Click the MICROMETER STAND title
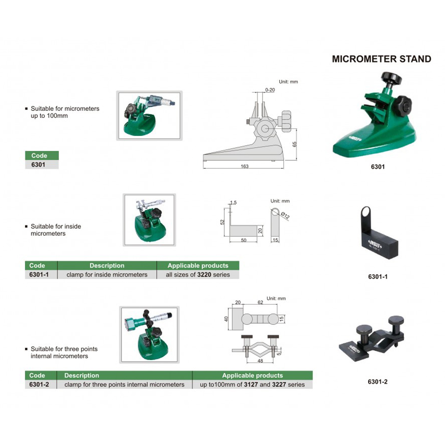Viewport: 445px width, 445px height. pyautogui.click(x=381, y=59)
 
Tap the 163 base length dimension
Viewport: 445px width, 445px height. pyautogui.click(x=244, y=166)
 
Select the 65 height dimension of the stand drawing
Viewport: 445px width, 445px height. pyautogui.click(x=294, y=144)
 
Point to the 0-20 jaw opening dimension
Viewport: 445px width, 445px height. pyautogui.click(x=270, y=90)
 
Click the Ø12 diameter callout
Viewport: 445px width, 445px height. pyautogui.click(x=285, y=215)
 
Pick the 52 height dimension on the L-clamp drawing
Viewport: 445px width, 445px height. pyautogui.click(x=222, y=222)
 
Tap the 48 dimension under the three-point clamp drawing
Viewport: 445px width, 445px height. pyautogui.click(x=260, y=361)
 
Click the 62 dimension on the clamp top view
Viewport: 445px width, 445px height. pyautogui.click(x=260, y=302)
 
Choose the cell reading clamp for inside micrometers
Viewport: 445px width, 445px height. pyautogui.click(x=107, y=275)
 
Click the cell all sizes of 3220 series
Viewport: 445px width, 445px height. pyautogui.click(x=198, y=275)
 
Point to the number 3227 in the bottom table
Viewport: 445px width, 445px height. pyautogui.click(x=279, y=384)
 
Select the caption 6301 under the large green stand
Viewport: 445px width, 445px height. pyautogui.click(x=378, y=166)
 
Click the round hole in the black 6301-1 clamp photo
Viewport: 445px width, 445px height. pyautogui.click(x=366, y=212)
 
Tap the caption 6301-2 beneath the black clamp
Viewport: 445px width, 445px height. pyautogui.click(x=377, y=382)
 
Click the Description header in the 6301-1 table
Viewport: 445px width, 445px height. pyautogui.click(x=107, y=265)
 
